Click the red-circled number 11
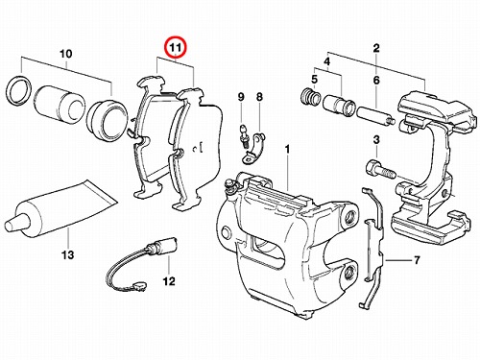[x=176, y=48]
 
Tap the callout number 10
[x=66, y=54]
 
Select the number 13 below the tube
[x=68, y=255]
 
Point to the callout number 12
[x=169, y=281]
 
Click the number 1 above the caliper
[x=287, y=149]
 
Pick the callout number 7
[x=417, y=260]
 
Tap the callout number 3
[x=376, y=140]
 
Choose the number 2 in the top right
[x=376, y=48]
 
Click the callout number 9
[x=241, y=97]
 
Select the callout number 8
[x=259, y=97]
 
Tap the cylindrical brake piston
[x=60, y=105]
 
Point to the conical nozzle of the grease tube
[x=12, y=224]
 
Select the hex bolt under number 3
[x=380, y=170]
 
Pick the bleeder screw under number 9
[x=244, y=135]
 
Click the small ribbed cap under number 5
[x=311, y=96]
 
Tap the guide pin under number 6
[x=375, y=116]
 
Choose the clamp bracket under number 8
[x=253, y=148]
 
